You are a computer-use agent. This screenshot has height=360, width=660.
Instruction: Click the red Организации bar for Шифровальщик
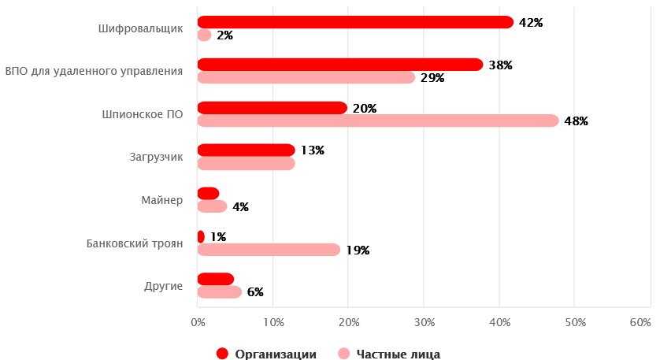(x=354, y=22)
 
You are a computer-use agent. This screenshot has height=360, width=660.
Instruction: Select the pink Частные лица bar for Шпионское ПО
(x=377, y=121)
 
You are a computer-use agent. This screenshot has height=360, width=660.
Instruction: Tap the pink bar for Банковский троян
(x=268, y=250)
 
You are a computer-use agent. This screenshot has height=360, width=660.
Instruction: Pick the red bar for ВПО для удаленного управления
(x=339, y=65)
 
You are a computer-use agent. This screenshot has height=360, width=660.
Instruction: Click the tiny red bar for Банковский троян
(x=201, y=236)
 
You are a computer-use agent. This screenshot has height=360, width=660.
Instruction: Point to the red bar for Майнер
(x=208, y=193)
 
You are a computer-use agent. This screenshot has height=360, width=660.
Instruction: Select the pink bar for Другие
(x=219, y=292)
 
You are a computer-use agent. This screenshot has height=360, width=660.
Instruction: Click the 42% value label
(x=531, y=23)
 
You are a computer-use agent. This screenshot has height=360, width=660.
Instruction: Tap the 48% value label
(x=576, y=121)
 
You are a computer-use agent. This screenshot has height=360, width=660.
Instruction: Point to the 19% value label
(x=357, y=251)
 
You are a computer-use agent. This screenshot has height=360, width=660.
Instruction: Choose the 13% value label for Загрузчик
(x=312, y=150)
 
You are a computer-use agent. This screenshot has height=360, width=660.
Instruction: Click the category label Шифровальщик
(x=141, y=28)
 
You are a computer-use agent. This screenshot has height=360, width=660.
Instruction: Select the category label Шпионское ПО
(x=143, y=114)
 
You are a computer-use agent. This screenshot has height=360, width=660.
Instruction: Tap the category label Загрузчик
(x=156, y=157)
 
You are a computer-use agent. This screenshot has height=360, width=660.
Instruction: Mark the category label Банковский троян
(x=135, y=243)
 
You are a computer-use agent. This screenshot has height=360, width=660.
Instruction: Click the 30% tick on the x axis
(x=424, y=322)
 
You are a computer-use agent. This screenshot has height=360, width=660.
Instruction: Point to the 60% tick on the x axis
(x=640, y=322)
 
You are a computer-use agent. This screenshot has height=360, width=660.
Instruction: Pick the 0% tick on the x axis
(x=198, y=322)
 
